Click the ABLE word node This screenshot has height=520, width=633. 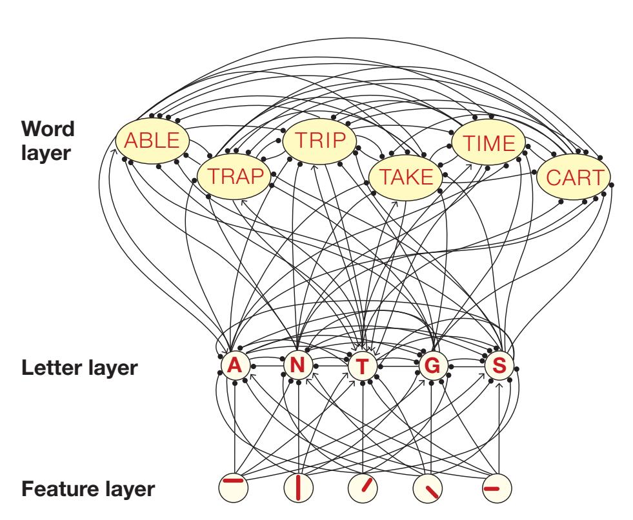[x=152, y=141]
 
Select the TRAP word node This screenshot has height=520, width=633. [x=234, y=175]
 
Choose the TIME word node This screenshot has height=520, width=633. [x=489, y=142]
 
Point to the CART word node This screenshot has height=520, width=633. [x=573, y=175]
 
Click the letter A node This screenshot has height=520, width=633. [x=236, y=366]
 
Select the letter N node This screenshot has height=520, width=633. [x=297, y=366]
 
